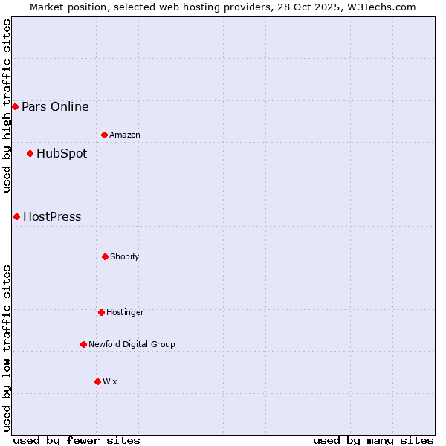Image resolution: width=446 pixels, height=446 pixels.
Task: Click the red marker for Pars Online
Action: point(15,107)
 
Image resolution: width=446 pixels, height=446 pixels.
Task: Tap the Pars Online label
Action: point(55,107)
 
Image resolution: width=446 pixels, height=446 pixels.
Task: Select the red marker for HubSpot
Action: point(30,154)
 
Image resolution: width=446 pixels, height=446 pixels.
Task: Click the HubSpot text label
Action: point(62,154)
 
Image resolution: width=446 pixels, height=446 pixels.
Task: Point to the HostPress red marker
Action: point(16,217)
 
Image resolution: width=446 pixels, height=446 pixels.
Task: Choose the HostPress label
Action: point(52,217)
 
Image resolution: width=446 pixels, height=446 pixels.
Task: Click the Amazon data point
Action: point(104,135)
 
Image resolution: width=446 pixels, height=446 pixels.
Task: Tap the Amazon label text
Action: point(125,135)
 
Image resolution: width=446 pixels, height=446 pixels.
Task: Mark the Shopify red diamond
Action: point(105,256)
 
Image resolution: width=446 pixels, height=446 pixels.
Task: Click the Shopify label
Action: point(125,256)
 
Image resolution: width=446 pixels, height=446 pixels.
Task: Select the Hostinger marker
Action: point(101,312)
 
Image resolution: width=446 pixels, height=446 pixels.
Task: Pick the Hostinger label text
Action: point(125,312)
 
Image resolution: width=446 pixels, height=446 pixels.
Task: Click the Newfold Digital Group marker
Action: point(83,344)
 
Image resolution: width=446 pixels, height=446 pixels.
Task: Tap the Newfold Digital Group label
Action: point(132,344)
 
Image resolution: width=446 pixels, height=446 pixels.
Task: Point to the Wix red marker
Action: point(97,381)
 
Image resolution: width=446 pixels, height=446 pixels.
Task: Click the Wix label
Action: point(110,381)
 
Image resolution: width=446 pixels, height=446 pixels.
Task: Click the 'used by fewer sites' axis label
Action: point(77,440)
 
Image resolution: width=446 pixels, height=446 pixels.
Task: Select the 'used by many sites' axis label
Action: point(373,440)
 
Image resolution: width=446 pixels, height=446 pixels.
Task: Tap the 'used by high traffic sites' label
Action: point(7,106)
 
